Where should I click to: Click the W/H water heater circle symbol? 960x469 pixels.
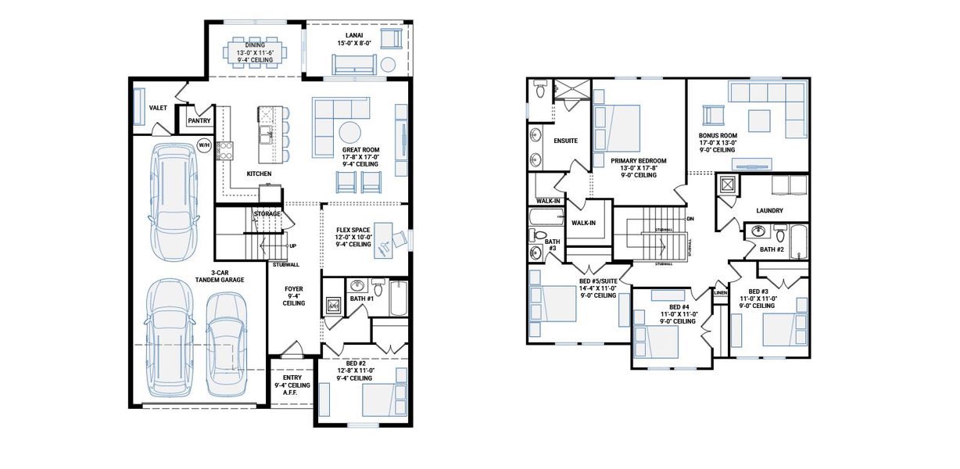pyautogui.click(x=204, y=145)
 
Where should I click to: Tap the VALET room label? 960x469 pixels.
pyautogui.click(x=159, y=108)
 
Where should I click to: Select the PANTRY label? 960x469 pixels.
pyautogui.click(x=199, y=120)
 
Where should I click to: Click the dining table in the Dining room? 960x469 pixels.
pyautogui.click(x=257, y=55)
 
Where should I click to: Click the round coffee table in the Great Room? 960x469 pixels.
pyautogui.click(x=349, y=131)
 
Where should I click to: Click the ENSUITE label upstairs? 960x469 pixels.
pyautogui.click(x=565, y=141)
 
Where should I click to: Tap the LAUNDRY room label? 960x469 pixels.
pyautogui.click(x=770, y=210)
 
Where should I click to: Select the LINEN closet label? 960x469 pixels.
pyautogui.click(x=720, y=292)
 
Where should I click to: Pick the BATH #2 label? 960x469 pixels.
pyautogui.click(x=772, y=249)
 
